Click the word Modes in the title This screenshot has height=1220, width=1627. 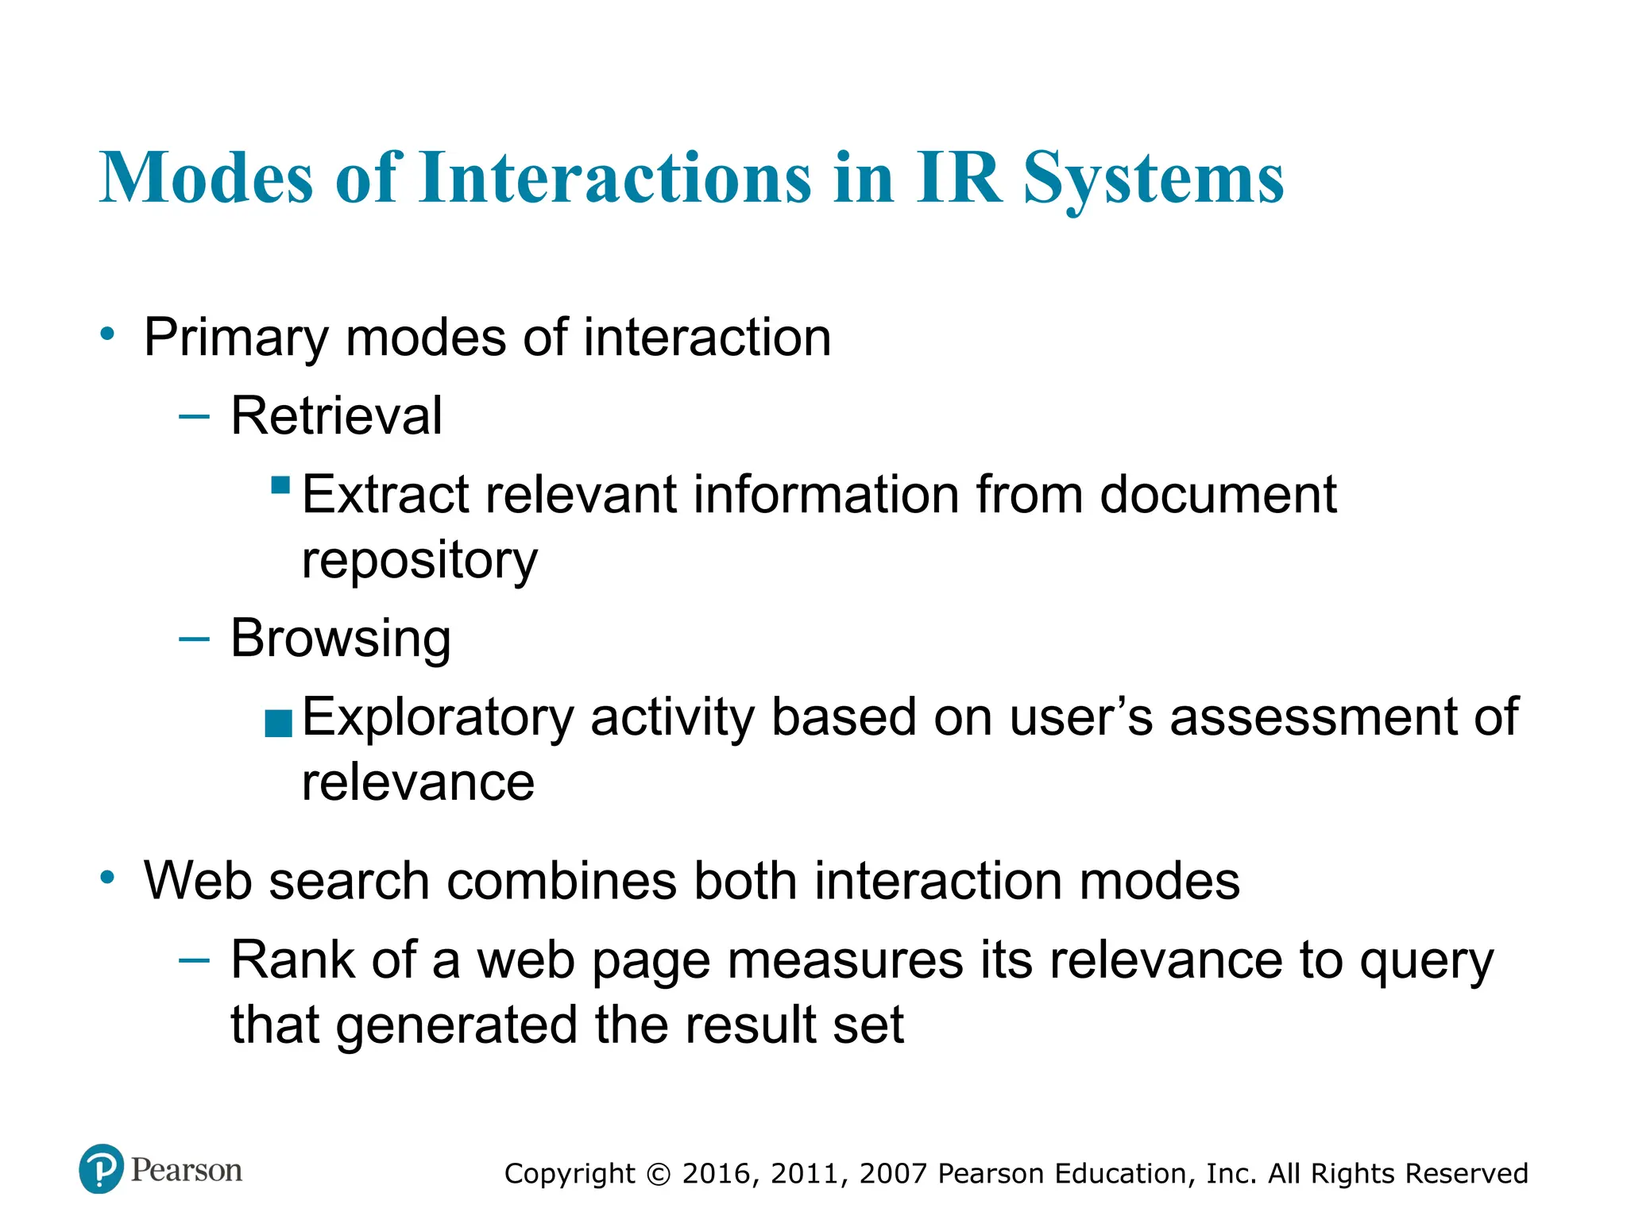click(207, 177)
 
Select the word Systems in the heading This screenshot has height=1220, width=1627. click(1154, 180)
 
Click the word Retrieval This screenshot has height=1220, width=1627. click(336, 415)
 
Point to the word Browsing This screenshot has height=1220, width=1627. click(341, 639)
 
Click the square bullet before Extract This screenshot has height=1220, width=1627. click(280, 485)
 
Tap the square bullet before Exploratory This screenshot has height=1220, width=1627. click(279, 723)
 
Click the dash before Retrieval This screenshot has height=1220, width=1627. click(195, 415)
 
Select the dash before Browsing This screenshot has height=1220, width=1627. click(195, 638)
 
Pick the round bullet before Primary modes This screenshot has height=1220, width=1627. click(108, 334)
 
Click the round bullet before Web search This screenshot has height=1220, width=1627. click(108, 878)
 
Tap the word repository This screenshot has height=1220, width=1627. click(419, 561)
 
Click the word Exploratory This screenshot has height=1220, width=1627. click(438, 719)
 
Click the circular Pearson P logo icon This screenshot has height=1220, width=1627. click(101, 1169)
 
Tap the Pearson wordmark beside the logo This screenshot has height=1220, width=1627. click(187, 1170)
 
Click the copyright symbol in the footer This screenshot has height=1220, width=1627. click(659, 1174)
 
